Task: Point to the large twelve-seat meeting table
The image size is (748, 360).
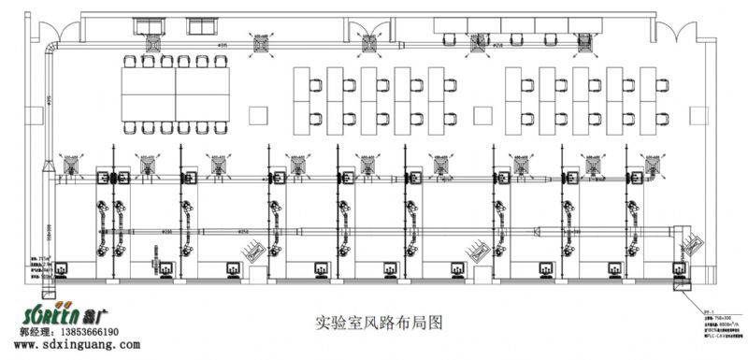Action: [176, 94]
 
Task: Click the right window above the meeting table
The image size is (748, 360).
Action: [200, 25]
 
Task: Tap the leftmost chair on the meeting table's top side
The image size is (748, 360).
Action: [130, 62]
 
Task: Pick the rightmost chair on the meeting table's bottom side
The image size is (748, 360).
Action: [222, 126]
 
